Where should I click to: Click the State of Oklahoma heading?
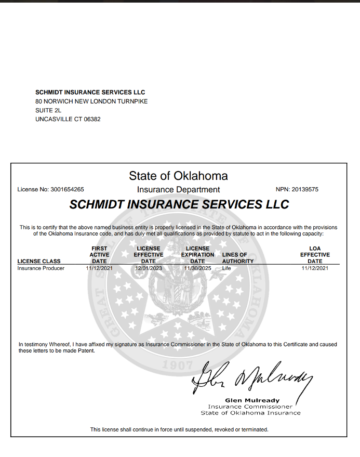tap(178, 176)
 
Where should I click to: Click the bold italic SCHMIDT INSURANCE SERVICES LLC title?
tap(179, 204)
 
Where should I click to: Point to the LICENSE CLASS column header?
tap(39, 261)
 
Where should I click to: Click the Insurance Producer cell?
tap(41, 268)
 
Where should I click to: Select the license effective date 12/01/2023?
tap(148, 268)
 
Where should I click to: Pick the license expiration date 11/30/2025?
tap(197, 268)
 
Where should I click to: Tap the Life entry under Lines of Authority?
tap(226, 268)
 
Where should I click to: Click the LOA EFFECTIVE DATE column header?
tap(315, 255)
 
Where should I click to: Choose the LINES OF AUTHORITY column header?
tap(238, 258)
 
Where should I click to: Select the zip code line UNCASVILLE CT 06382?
tap(68, 119)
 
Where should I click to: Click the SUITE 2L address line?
tap(48, 110)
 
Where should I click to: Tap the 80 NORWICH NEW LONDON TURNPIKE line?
tap(91, 101)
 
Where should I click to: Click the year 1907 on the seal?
tap(177, 364)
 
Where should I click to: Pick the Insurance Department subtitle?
tap(178, 190)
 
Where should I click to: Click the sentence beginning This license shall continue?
tap(179, 429)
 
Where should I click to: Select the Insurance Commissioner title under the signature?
tap(250, 407)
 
